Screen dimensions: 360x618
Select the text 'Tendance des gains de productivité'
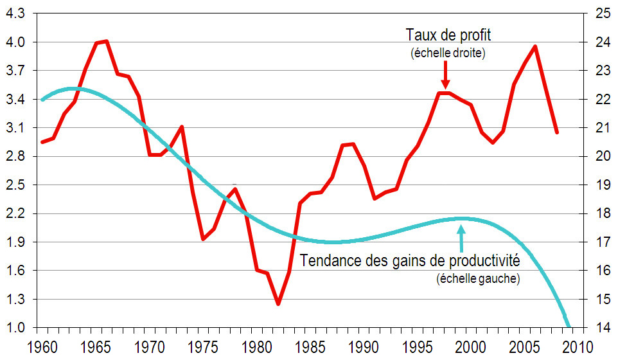point(410,262)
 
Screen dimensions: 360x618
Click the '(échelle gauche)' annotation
point(478,279)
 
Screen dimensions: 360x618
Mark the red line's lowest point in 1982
point(278,303)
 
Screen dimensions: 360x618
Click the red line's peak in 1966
point(107,41)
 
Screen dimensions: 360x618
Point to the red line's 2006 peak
point(535,46)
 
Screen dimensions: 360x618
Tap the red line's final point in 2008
point(557,132)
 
